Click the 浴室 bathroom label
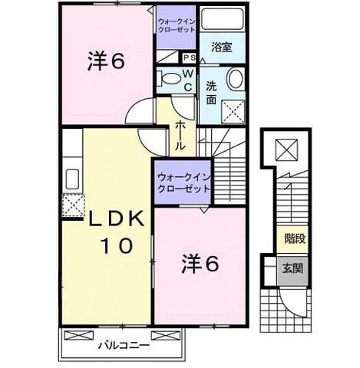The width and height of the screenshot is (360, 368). pyautogui.click(x=222, y=47)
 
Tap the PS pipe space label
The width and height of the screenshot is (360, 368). pyautogui.click(x=189, y=58)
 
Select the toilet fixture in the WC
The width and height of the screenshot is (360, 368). pyautogui.click(x=167, y=78)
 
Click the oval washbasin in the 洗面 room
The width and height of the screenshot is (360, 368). pyautogui.click(x=236, y=78)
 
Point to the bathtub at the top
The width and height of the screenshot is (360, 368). pyautogui.click(x=222, y=19)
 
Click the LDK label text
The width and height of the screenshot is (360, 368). pyautogui.click(x=116, y=219)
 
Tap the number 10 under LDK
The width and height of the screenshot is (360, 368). pyautogui.click(x=118, y=245)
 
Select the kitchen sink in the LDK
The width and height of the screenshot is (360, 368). pyautogui.click(x=72, y=179)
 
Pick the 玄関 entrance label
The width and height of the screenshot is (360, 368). pyautogui.click(x=292, y=268)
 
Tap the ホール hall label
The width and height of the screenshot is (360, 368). pyautogui.click(x=180, y=136)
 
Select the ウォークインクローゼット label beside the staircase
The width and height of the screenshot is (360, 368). pyautogui.click(x=183, y=183)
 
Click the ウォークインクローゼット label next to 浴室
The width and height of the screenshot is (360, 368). pyautogui.click(x=177, y=25)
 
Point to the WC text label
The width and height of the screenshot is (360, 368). pyautogui.click(x=188, y=80)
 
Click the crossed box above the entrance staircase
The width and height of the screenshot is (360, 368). pyautogui.click(x=286, y=150)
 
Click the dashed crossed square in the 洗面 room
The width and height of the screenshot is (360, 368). pyautogui.click(x=233, y=112)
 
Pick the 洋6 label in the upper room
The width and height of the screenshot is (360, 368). pyautogui.click(x=106, y=61)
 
